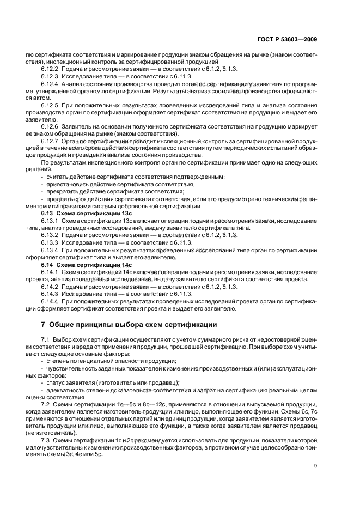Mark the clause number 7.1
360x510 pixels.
coord(46,339)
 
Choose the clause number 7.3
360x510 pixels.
coord(46,439)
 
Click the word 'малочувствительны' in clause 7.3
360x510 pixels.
coord(54,446)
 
